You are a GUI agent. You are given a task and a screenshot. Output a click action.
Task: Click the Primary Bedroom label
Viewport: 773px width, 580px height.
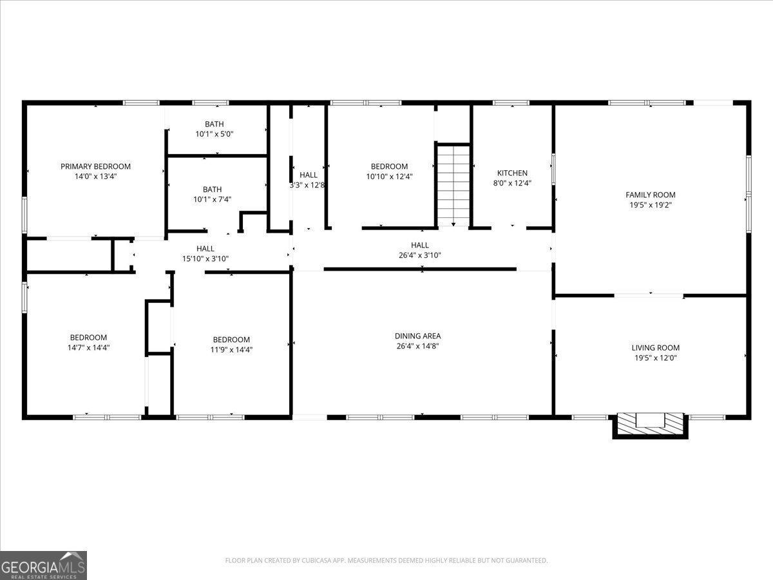pos(95,166)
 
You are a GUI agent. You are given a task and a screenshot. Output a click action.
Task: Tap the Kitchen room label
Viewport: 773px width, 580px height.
pos(512,173)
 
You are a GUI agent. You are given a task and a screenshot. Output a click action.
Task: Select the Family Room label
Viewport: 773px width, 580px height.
pos(651,195)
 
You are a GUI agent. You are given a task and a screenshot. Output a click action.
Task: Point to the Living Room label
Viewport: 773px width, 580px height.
pos(655,347)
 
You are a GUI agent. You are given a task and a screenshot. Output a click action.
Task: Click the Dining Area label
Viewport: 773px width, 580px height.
pos(417,336)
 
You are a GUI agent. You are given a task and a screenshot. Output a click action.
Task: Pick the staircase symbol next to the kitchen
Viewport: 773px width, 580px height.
pos(454,186)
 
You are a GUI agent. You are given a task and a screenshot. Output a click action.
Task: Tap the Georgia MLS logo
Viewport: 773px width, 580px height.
pos(43,565)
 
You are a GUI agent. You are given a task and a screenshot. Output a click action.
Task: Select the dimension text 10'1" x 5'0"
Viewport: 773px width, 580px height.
pos(215,134)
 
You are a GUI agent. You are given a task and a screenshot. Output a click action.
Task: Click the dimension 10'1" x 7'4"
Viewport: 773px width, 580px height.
pos(213,199)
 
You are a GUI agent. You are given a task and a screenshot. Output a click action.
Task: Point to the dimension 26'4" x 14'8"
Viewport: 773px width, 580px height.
pos(417,346)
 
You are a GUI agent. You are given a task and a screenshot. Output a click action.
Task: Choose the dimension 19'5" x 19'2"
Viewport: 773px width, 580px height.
pos(651,205)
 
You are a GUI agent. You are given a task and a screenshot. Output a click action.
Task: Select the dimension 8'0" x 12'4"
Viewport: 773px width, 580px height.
pos(512,183)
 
